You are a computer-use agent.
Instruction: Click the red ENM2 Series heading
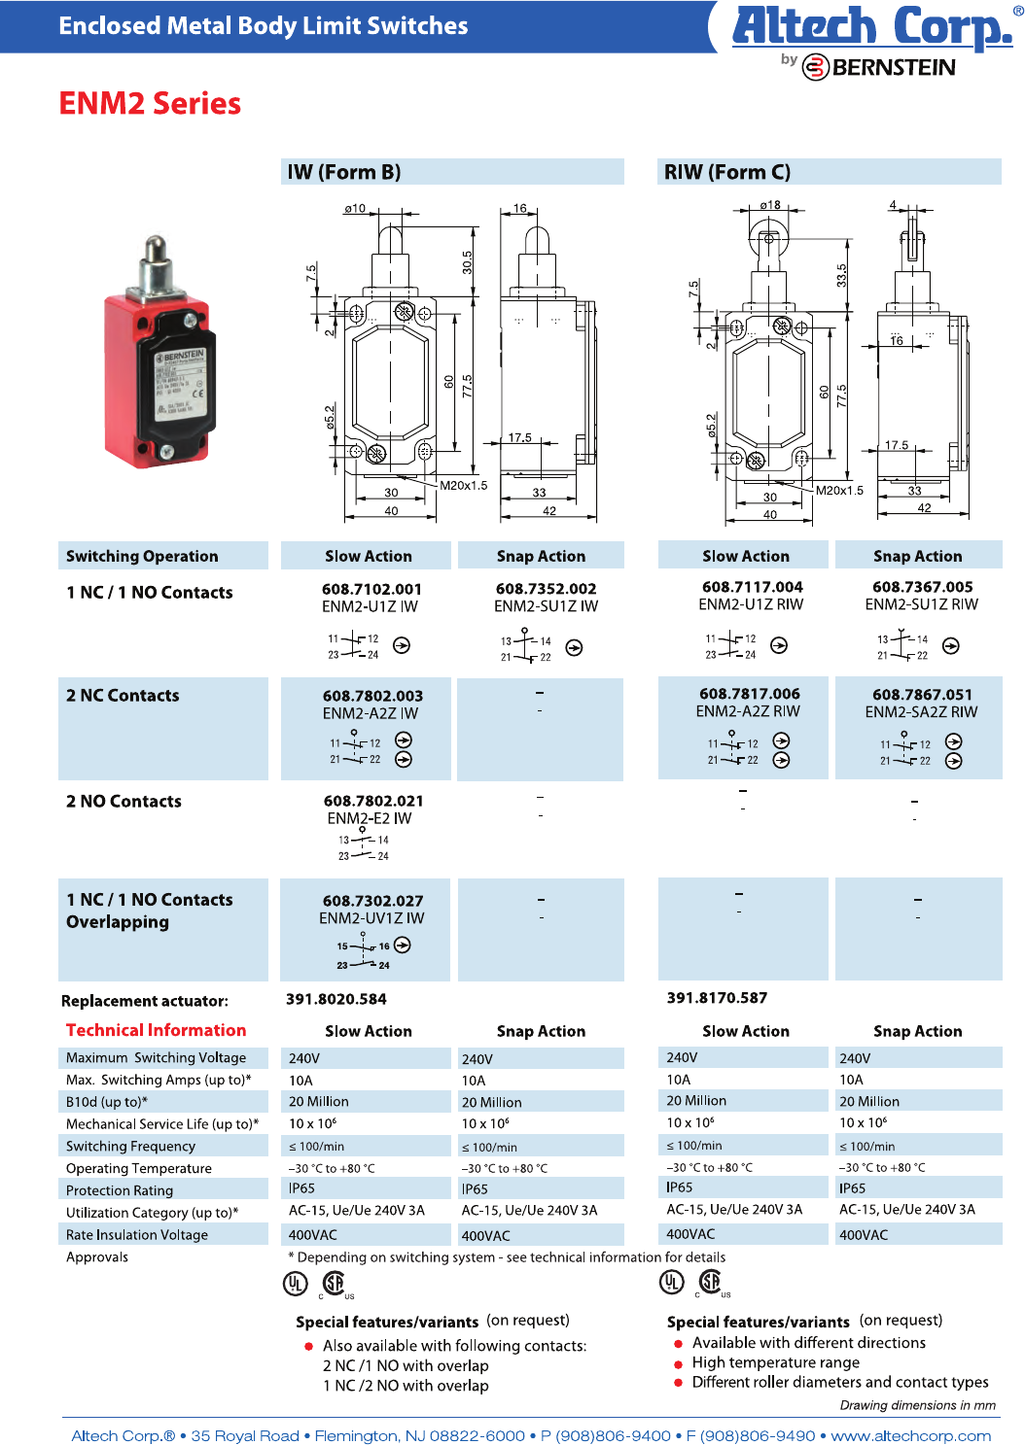pyautogui.click(x=150, y=103)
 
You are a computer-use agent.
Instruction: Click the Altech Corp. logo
pyautogui.click(x=872, y=26)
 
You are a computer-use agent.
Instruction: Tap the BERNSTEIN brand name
pyautogui.click(x=893, y=67)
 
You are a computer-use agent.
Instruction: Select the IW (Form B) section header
pyautogui.click(x=344, y=172)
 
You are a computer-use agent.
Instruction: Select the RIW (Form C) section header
pyautogui.click(x=727, y=172)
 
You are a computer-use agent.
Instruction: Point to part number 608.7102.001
pyautogui.click(x=371, y=589)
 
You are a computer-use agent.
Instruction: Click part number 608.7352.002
pyautogui.click(x=546, y=589)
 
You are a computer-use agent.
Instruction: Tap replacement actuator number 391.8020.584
pyautogui.click(x=336, y=999)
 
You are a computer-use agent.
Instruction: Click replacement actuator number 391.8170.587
pyautogui.click(x=717, y=998)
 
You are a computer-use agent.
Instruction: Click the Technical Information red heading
pyautogui.click(x=156, y=1030)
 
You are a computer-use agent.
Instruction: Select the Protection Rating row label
pyautogui.click(x=120, y=1190)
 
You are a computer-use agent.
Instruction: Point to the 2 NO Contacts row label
pyautogui.click(x=124, y=802)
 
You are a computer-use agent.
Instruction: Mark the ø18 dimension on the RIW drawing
pyautogui.click(x=770, y=205)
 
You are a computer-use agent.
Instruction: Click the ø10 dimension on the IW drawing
pyautogui.click(x=355, y=208)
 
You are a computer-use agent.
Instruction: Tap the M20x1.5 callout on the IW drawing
pyautogui.click(x=464, y=485)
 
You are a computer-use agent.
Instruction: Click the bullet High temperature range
pyautogui.click(x=775, y=1362)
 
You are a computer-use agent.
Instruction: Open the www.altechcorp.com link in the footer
pyautogui.click(x=910, y=1435)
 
